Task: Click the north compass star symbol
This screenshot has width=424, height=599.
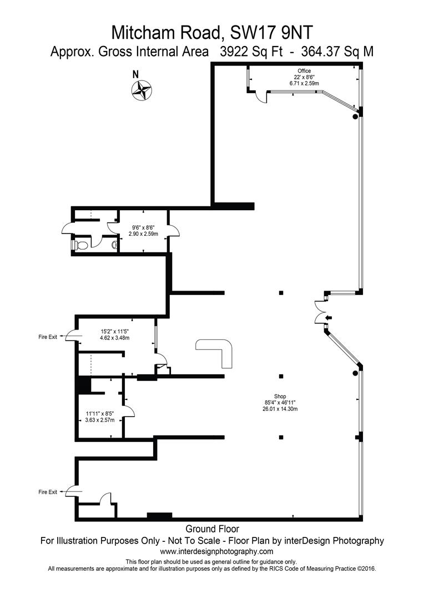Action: [142, 90]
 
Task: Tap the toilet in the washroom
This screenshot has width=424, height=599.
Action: [80, 245]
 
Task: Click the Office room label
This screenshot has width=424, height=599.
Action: [304, 70]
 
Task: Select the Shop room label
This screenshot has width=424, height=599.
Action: [280, 396]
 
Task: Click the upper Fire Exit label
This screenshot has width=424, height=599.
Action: [48, 337]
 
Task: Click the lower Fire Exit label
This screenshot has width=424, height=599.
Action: [48, 492]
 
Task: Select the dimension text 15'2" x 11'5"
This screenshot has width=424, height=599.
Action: [115, 332]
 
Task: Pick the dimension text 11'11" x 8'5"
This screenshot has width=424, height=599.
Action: [100, 414]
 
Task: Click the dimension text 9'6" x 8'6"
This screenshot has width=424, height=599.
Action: [143, 228]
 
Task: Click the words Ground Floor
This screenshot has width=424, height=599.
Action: [212, 529]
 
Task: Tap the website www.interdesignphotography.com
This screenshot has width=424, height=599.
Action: [217, 551]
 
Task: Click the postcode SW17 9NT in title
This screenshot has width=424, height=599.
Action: [271, 33]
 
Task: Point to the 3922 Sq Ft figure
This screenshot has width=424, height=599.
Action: [251, 52]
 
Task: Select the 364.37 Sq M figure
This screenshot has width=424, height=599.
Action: [337, 52]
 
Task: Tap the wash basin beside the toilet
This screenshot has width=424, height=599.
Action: [114, 245]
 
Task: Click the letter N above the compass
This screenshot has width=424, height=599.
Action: [135, 75]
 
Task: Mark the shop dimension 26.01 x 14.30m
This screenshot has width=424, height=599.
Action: [277, 409]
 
